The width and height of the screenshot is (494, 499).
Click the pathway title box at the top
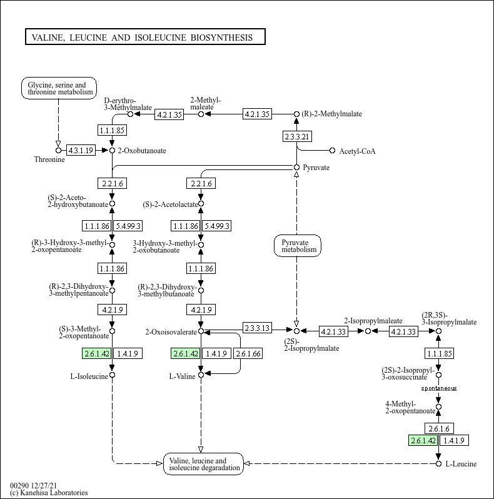[145, 37]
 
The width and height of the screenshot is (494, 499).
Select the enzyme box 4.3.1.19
[81, 150]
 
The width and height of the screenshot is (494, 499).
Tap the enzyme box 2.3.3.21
[297, 136]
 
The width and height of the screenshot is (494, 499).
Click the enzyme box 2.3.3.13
[257, 328]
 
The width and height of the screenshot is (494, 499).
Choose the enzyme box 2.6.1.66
[248, 353]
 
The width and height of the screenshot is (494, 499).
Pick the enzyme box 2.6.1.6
[439, 428]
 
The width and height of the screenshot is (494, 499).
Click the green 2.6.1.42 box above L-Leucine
[423, 440]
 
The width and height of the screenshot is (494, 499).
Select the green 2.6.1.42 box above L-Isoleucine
[96, 353]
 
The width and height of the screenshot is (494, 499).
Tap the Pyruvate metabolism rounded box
[298, 246]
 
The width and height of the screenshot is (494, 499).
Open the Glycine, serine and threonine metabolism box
[59, 88]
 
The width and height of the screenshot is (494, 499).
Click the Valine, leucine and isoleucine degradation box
[203, 464]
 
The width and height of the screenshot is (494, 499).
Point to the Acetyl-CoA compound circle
[332, 151]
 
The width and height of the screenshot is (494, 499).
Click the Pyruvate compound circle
[296, 168]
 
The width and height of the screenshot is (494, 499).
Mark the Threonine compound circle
[58, 150]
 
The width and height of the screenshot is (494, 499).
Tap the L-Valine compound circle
[201, 375]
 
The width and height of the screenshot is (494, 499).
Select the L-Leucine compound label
[461, 464]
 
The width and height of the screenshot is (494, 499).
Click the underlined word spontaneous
[439, 388]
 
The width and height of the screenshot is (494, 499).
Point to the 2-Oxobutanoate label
[142, 151]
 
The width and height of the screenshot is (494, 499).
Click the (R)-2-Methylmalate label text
[331, 114]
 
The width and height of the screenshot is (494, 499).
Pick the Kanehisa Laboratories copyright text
[49, 493]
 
